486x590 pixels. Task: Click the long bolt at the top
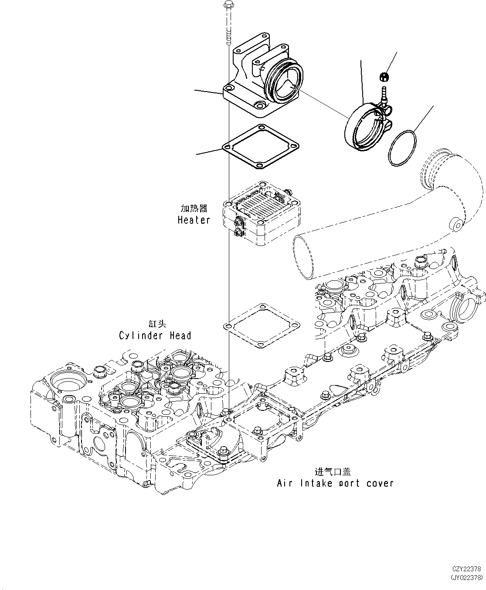point(228,22)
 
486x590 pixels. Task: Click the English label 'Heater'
point(194,220)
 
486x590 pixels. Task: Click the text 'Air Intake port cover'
point(335,483)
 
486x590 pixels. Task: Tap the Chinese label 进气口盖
point(333,471)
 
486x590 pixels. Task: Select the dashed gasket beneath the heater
point(262,326)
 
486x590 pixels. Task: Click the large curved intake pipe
point(392,227)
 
